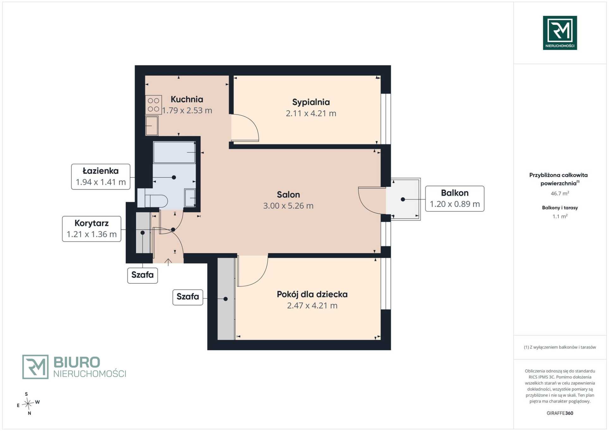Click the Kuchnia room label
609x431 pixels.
[x=187, y=99]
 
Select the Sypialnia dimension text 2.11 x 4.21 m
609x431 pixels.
[x=311, y=113]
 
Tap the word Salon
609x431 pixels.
[x=288, y=195]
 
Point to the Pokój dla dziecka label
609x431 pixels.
[x=312, y=294]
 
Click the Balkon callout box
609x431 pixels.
[x=455, y=199]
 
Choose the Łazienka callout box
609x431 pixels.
[x=101, y=177]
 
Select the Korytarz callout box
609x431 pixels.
[x=92, y=229]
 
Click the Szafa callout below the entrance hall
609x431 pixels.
[x=143, y=275]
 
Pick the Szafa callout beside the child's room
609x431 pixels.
[x=188, y=297]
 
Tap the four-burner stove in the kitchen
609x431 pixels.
[x=154, y=105]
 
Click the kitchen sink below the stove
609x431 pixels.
[x=152, y=126]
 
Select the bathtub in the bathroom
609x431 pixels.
[x=174, y=152]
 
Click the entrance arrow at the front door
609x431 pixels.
[x=168, y=262]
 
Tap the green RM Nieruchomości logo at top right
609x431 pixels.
[x=560, y=33]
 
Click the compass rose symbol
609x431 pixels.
[x=28, y=404]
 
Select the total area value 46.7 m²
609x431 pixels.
[x=560, y=193]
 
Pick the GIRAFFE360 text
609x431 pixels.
[x=560, y=413]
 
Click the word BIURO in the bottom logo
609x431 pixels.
[x=77, y=362]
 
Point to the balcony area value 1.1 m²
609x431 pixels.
[x=560, y=216]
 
